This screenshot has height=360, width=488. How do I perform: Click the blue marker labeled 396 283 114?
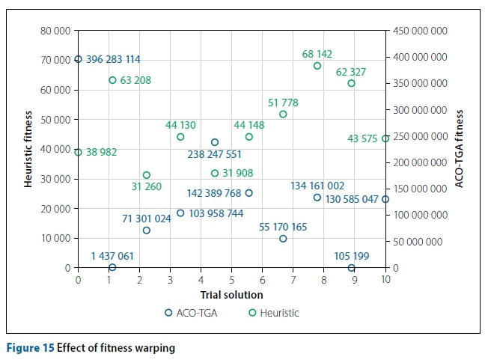pyautogui.click(x=78, y=59)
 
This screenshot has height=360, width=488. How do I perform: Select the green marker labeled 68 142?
pyautogui.click(x=317, y=66)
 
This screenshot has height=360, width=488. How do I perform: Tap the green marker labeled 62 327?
pyautogui.click(x=351, y=83)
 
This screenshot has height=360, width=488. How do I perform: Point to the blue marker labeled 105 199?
pyautogui.click(x=351, y=267)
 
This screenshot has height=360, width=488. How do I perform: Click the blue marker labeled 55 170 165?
pyautogui.click(x=283, y=239)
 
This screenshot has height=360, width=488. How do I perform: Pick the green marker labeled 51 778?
pyautogui.click(x=283, y=114)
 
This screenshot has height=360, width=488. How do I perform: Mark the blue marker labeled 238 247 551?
pyautogui.click(x=215, y=142)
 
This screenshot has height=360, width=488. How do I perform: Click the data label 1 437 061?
pyautogui.click(x=112, y=256)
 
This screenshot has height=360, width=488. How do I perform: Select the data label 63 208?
pyautogui.click(x=135, y=80)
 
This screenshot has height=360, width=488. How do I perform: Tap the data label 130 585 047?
pyautogui.click(x=352, y=199)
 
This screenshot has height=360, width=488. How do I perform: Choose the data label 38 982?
pyautogui.click(x=102, y=152)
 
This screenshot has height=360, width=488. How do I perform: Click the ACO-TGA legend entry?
pyautogui.click(x=192, y=313)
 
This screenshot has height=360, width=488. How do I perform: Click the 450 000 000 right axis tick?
pyautogui.click(x=420, y=31)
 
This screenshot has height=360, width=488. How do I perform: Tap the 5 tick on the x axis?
pyautogui.click(x=232, y=280)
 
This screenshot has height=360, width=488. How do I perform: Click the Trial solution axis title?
pyautogui.click(x=231, y=294)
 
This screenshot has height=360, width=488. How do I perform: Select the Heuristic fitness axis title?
pyautogui.click(x=28, y=149)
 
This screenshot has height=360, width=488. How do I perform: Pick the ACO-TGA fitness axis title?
pyautogui.click(x=460, y=149)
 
